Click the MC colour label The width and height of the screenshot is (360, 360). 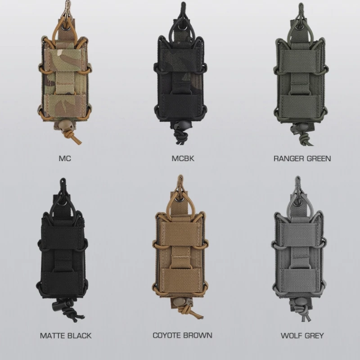click(x=65, y=158)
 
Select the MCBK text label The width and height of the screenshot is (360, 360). click(x=183, y=158)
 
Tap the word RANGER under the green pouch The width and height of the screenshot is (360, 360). click(x=288, y=159)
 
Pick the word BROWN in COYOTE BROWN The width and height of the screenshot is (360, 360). click(x=198, y=335)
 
